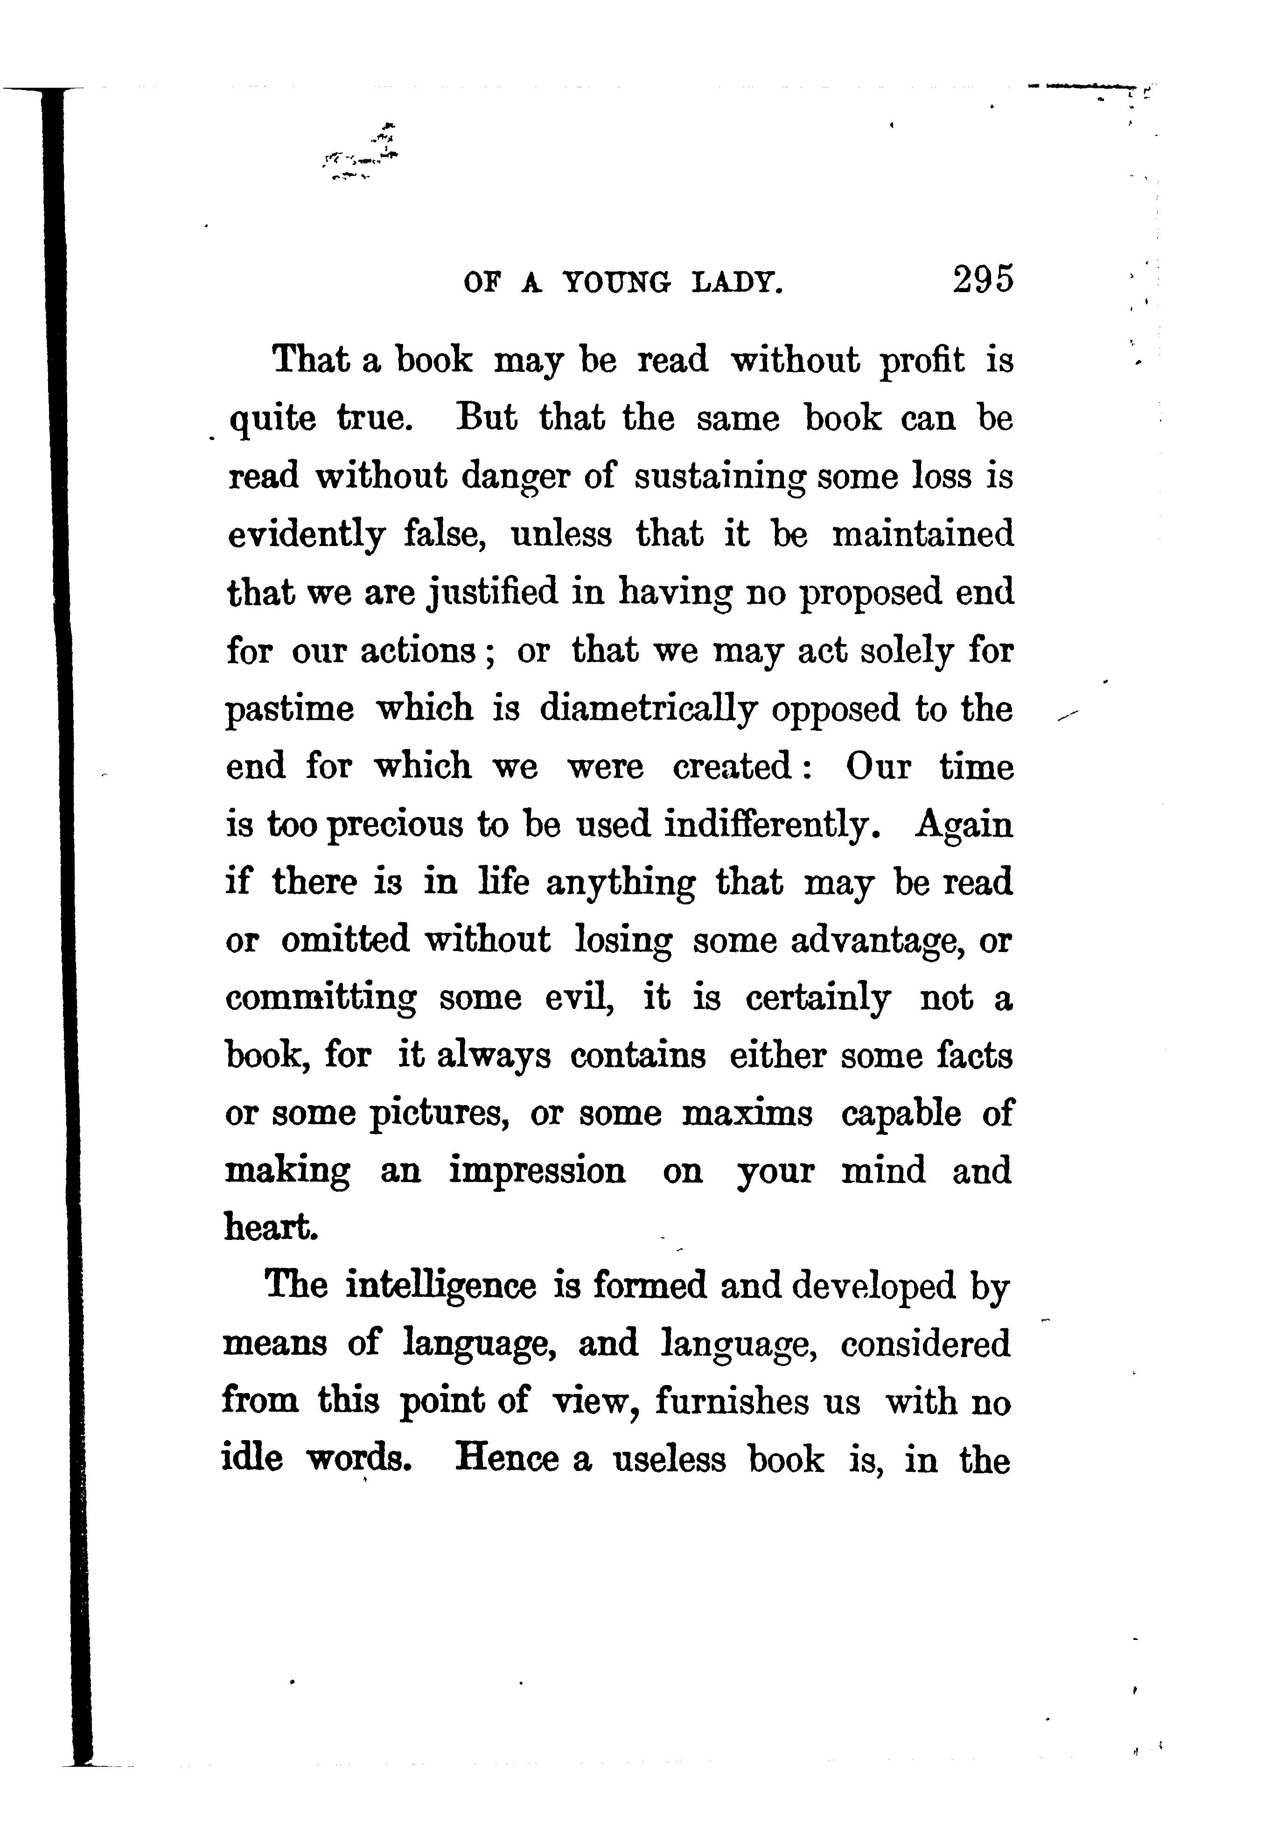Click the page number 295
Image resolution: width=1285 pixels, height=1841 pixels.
983,280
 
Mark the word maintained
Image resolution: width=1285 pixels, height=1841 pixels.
922,534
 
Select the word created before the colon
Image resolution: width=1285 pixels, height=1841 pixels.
733,767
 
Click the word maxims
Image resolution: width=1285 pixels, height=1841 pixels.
747,1114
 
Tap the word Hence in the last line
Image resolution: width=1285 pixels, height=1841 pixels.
507,1459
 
